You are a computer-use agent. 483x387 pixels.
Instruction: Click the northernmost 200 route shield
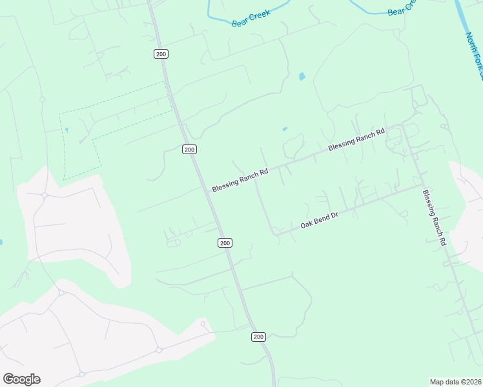pyautogui.click(x=161, y=54)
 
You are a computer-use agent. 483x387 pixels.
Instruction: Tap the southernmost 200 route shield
pyautogui.click(x=258, y=337)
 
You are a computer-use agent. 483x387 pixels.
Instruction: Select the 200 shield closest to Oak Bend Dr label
pyautogui.click(x=224, y=243)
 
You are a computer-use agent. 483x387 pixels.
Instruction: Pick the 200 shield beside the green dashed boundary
pyautogui.click(x=189, y=149)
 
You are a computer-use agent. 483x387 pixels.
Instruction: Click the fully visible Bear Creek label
pyautogui.click(x=251, y=19)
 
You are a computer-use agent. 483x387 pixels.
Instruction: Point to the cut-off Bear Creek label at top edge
pyautogui.click(x=400, y=8)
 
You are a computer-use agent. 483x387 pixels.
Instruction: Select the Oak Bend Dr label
pyautogui.click(x=320, y=221)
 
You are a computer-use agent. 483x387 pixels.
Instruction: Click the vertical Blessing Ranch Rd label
pyautogui.click(x=435, y=217)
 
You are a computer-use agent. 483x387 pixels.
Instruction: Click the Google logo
pyautogui.click(x=21, y=379)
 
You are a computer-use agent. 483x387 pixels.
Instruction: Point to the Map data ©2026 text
pyautogui.click(x=455, y=382)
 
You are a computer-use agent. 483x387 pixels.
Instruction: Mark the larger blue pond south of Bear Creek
pyautogui.click(x=302, y=77)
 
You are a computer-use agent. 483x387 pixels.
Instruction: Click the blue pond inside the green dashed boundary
pyautogui.click(x=66, y=130)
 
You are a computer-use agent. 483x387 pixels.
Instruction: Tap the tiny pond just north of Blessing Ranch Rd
pyautogui.click(x=285, y=129)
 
